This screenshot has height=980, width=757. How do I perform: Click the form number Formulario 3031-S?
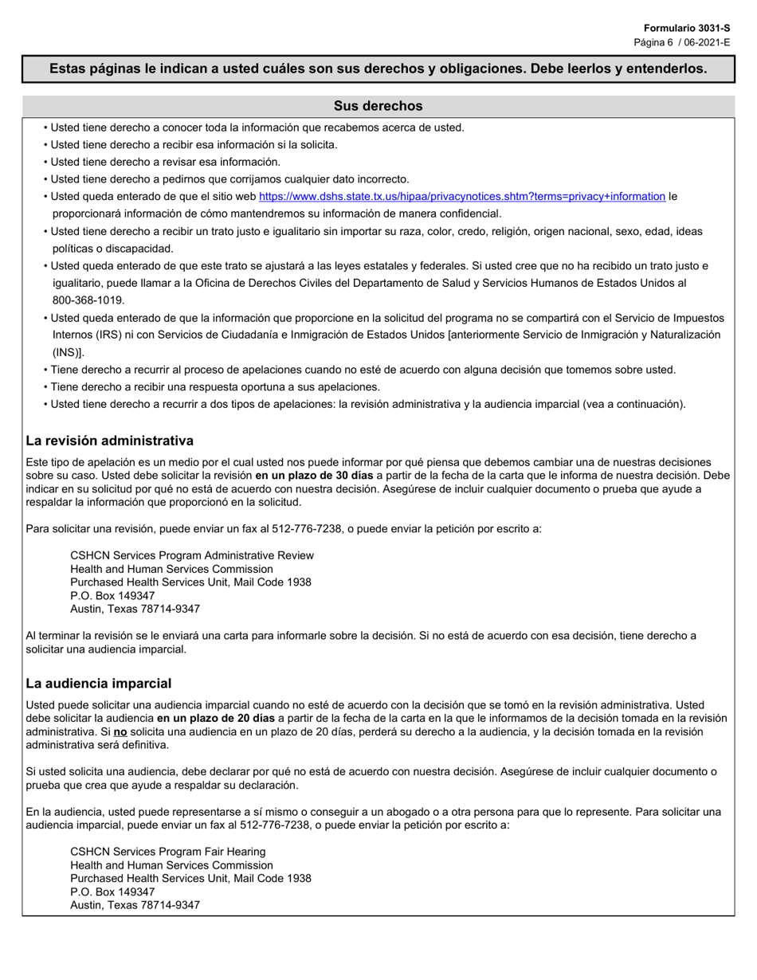pyautogui.click(x=687, y=28)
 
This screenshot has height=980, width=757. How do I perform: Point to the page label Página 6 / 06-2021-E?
pyautogui.click(x=681, y=42)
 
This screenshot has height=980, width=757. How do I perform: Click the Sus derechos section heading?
pyautogui.click(x=378, y=106)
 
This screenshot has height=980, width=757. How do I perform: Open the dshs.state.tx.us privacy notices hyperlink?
pyautogui.click(x=461, y=196)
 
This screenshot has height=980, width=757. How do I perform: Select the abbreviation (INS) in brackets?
pyautogui.click(x=66, y=353)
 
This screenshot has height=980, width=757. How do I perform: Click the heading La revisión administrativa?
pyautogui.click(x=109, y=441)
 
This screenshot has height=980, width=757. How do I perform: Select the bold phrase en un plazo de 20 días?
pyautogui.click(x=215, y=718)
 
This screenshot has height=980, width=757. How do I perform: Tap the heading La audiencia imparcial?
pyautogui.click(x=98, y=684)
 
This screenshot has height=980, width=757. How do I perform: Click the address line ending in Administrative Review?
pyautogui.click(x=192, y=555)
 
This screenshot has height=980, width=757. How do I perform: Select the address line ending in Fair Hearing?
pyautogui.click(x=167, y=852)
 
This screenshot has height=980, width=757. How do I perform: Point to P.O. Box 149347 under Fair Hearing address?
pyautogui.click(x=112, y=892)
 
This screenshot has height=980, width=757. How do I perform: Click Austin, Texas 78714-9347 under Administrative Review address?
pyautogui.click(x=135, y=609)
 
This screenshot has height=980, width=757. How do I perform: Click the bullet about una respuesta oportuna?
pyautogui.click(x=215, y=387)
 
